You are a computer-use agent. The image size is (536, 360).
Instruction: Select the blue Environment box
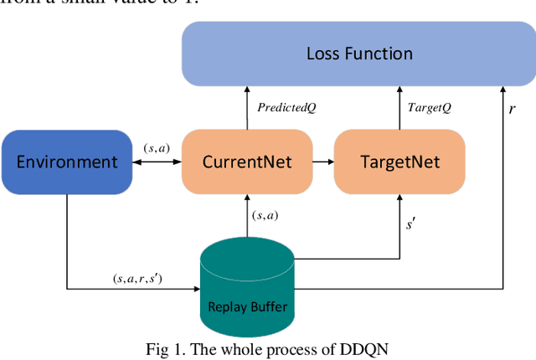[x=68, y=161]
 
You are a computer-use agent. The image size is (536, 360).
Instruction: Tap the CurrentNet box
[x=247, y=161]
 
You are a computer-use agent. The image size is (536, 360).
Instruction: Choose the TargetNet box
[x=398, y=161]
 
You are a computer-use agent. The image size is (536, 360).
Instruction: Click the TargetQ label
[x=428, y=108]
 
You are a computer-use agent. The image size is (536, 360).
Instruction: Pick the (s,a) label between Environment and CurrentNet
[x=157, y=148]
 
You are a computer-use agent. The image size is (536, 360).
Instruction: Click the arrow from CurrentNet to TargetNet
[x=323, y=161]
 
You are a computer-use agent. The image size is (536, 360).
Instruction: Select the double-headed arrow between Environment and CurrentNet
[x=157, y=162]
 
